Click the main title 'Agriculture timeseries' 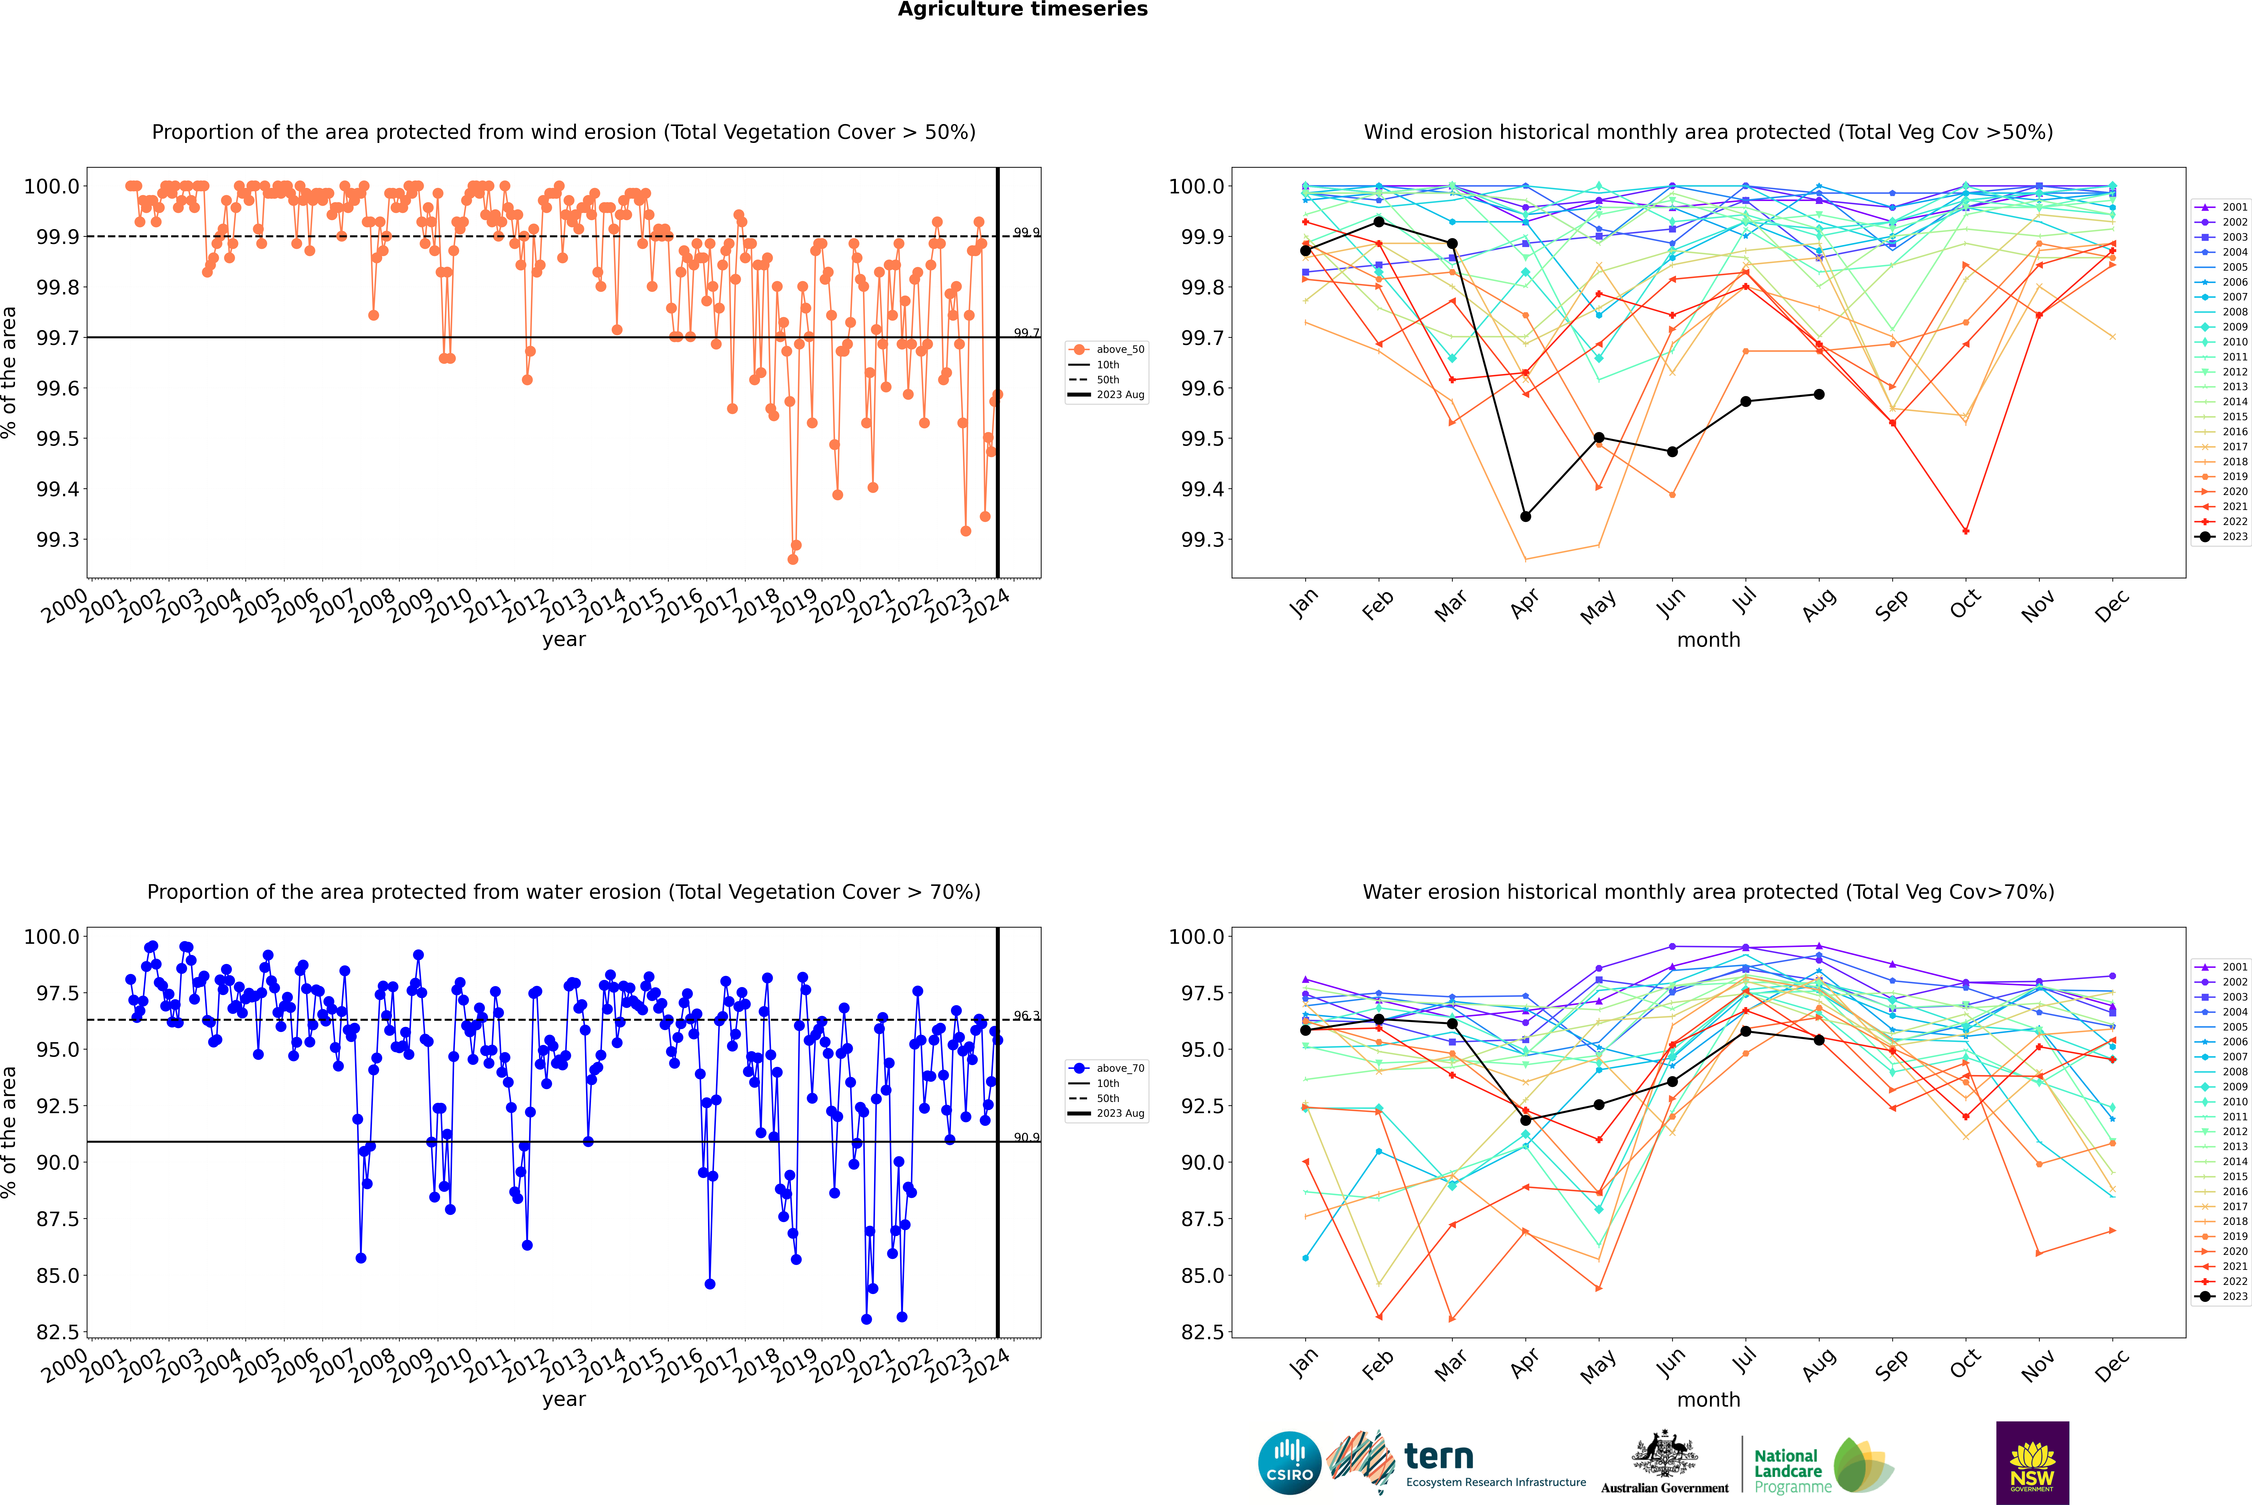tap(1022, 10)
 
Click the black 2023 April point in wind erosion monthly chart tap(1525, 516)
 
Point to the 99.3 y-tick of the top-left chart tap(58, 539)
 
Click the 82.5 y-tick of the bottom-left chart tap(58, 1332)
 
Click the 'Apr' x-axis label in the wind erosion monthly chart tap(1524, 606)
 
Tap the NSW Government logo tap(2032, 1463)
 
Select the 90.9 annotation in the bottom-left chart tap(1026, 1137)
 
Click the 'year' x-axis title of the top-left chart tap(563, 639)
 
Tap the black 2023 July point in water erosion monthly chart tap(1745, 1031)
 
